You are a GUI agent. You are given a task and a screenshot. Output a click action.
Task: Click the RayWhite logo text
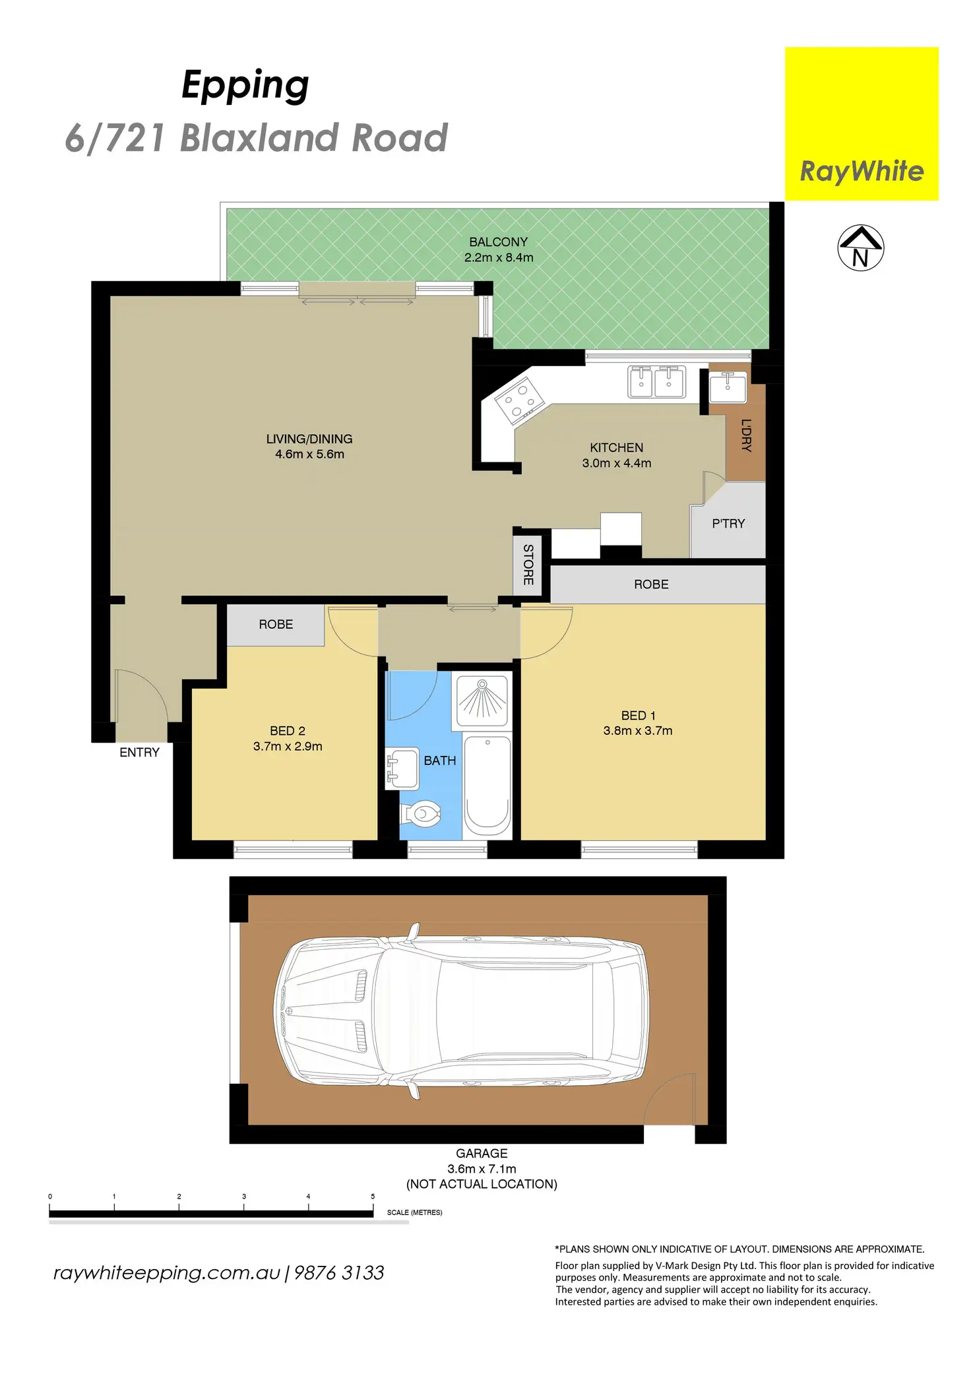point(861,172)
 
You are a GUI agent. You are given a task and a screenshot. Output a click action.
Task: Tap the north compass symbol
point(860,248)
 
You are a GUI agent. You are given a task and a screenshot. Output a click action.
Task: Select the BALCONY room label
point(498,242)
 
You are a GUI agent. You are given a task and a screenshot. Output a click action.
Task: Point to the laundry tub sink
point(728,386)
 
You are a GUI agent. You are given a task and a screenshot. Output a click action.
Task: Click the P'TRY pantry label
point(728,524)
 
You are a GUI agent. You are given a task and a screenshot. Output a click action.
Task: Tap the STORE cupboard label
point(528,565)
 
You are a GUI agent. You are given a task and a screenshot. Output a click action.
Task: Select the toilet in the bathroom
point(422,813)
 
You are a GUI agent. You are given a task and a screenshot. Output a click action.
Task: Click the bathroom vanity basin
point(402,768)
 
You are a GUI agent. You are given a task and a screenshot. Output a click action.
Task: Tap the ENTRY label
point(139,753)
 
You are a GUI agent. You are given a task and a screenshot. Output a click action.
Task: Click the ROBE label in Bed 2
point(276,625)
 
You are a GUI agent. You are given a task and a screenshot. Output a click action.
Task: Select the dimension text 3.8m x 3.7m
point(637,731)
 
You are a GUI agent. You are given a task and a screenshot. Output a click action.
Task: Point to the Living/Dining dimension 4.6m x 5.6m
point(309,454)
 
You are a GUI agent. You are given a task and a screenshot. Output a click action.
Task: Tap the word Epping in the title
point(245,85)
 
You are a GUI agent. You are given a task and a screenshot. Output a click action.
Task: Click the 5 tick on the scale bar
point(373,1196)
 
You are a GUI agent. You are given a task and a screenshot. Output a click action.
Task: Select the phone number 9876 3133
point(338,1272)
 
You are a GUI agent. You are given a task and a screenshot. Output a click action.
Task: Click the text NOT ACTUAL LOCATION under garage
point(482,1184)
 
